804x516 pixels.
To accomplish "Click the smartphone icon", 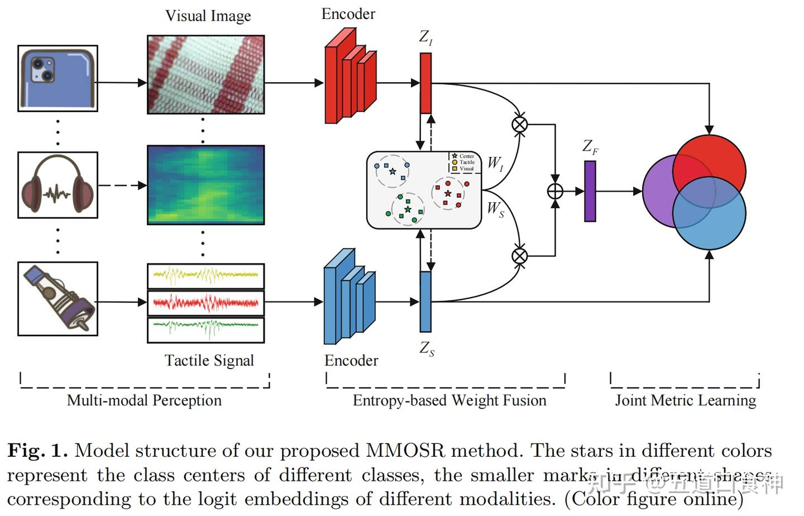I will [58, 78].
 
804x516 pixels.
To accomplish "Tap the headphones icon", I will [58, 185].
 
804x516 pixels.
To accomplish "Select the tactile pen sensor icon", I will [58, 299].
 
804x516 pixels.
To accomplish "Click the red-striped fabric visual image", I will [205, 74].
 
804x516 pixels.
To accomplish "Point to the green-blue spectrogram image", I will [205, 185].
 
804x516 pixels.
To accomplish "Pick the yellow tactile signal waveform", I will [205, 275].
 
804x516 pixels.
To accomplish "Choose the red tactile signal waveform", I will [205, 303].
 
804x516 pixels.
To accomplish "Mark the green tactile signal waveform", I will [205, 329].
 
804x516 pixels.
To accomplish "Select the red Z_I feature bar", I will [425, 83].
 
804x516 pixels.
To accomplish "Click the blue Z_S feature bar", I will [425, 302].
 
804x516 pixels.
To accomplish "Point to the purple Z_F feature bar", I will [590, 191].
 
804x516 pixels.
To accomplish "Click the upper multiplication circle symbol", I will [519, 124].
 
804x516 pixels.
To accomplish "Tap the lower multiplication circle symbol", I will [519, 256].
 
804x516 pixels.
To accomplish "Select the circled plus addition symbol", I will [554, 191].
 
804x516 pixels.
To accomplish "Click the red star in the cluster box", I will [448, 193].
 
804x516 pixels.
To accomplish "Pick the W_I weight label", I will [495, 163].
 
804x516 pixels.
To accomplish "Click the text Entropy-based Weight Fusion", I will [449, 400].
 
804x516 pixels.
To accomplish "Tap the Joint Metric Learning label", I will [686, 400].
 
